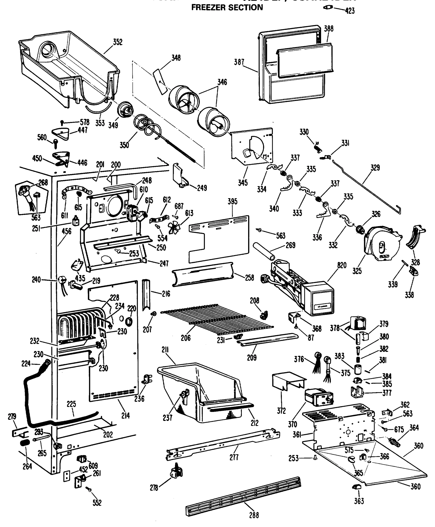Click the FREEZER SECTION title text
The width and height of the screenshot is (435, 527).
coord(227,7)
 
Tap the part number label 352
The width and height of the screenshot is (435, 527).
coord(117,42)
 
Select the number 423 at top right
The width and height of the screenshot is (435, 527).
coord(350,11)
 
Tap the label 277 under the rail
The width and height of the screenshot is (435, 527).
coord(234,457)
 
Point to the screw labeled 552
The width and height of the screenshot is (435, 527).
coord(89,489)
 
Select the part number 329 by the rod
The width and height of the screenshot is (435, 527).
coord(375,168)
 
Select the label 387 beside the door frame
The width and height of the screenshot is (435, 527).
coord(239,62)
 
